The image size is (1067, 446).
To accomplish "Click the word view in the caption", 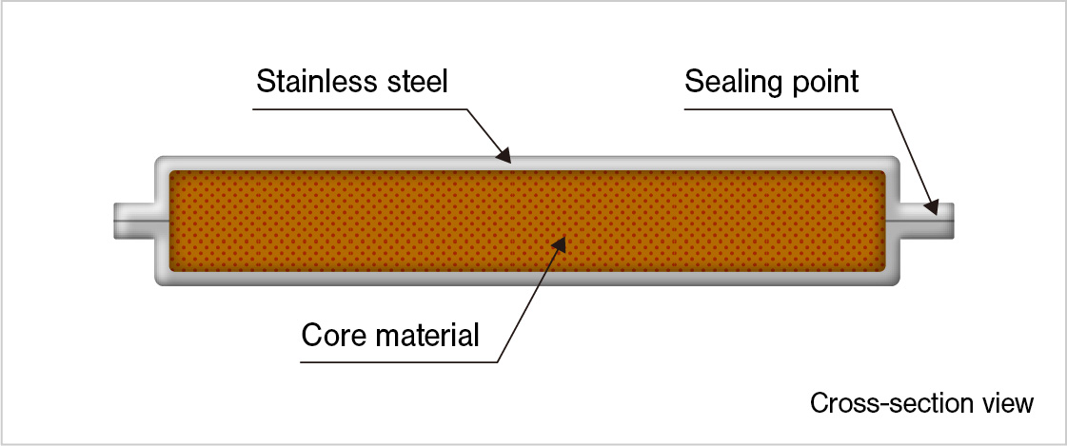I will pyautogui.click(x=1008, y=402).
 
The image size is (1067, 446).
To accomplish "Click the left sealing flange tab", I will pyautogui.click(x=133, y=221).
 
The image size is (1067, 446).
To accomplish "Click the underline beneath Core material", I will pyautogui.click(x=400, y=362).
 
